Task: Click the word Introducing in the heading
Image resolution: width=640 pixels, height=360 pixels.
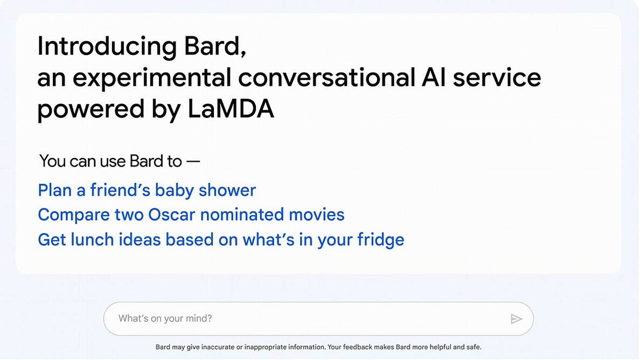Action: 106,46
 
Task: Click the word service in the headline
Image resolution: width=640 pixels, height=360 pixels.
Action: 497,78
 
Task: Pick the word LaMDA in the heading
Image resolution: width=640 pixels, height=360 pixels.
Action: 231,109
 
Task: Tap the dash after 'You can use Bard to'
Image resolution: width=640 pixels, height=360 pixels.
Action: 193,161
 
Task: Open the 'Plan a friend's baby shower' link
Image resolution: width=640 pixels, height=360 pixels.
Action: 147,190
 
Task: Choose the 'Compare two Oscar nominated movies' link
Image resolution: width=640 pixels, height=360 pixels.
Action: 191,214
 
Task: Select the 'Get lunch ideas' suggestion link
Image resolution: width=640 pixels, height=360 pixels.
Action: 221,239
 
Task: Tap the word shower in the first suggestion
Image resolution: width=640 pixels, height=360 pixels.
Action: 227,190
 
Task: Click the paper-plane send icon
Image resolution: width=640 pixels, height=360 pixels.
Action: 516,319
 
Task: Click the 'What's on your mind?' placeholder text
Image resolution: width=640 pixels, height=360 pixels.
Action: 165,319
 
